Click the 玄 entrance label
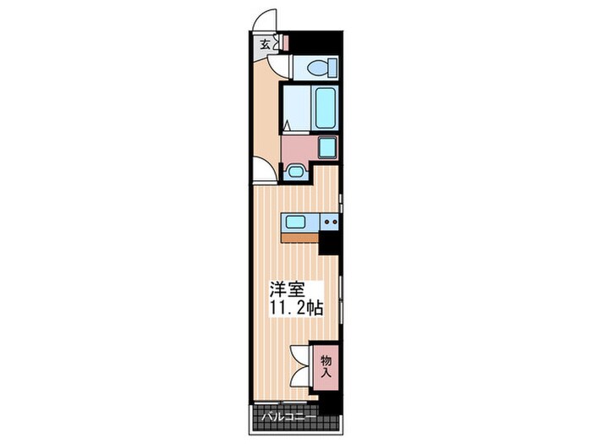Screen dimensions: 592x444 pyautogui.click(x=265, y=45)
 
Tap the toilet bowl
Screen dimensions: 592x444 pyautogui.click(x=317, y=68)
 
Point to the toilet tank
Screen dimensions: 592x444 pyautogui.click(x=333, y=68)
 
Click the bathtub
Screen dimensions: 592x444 pyautogui.click(x=326, y=107)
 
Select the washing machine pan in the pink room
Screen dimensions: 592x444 pyautogui.click(x=327, y=148)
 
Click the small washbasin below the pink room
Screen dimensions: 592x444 pyautogui.click(x=295, y=172)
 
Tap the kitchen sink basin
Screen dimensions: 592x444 pyautogui.click(x=296, y=222)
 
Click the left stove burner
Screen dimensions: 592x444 pyautogui.click(x=326, y=222)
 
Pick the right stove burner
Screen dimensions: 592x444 pyautogui.click(x=334, y=222)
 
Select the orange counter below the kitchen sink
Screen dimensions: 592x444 pyautogui.click(x=300, y=238)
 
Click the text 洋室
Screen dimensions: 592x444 pyautogui.click(x=287, y=290)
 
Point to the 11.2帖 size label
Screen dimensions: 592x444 pyautogui.click(x=296, y=308)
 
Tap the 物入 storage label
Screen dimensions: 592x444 pyautogui.click(x=326, y=366)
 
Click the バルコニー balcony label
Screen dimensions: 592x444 pyautogui.click(x=289, y=417)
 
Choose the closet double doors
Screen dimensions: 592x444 pyautogui.click(x=302, y=366)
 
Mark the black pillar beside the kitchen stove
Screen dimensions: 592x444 pyautogui.click(x=329, y=243)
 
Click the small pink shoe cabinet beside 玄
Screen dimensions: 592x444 pyautogui.click(x=286, y=42)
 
